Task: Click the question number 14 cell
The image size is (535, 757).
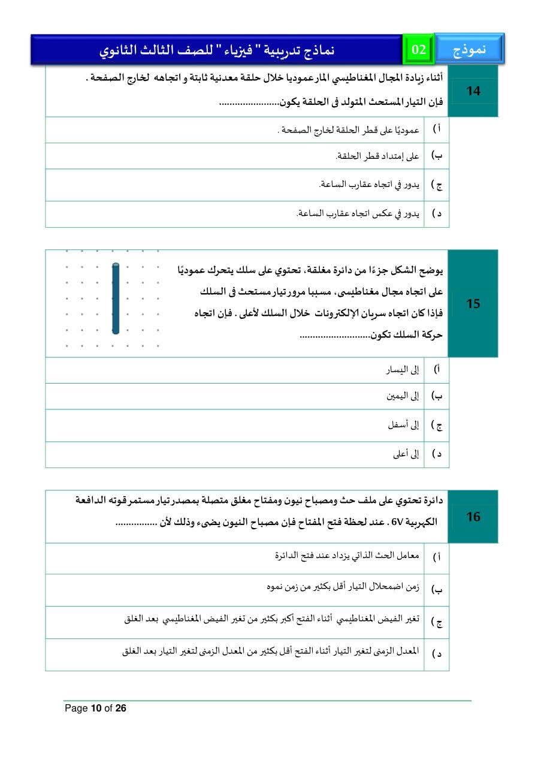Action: pos(473,92)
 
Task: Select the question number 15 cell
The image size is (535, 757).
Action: pos(473,304)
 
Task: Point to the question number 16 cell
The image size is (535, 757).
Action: pos(473,517)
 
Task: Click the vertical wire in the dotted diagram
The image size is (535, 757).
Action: pos(116,298)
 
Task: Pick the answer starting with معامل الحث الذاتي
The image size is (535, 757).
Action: pos(347,556)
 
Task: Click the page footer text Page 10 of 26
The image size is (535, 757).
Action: pos(96,708)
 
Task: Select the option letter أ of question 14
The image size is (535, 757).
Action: pos(437,129)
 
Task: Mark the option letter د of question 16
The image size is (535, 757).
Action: pos(437,654)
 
